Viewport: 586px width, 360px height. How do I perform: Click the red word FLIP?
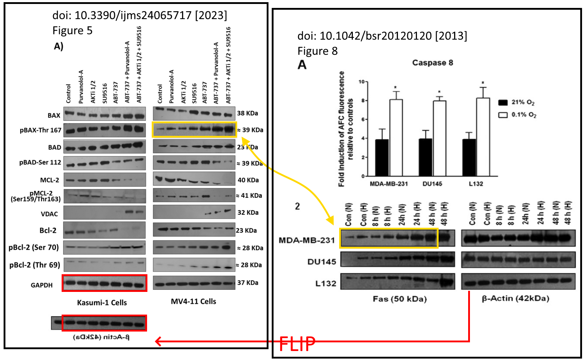point(297,344)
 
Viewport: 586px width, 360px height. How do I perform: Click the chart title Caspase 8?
point(432,63)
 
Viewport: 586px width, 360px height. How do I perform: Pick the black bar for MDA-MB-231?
point(382,157)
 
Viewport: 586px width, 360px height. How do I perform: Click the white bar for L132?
point(483,137)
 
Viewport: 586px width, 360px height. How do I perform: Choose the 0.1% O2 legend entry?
point(518,115)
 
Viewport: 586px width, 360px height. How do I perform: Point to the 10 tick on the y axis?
point(361,82)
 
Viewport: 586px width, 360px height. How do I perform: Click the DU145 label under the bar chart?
point(432,184)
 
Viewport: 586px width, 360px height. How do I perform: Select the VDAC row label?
point(49,214)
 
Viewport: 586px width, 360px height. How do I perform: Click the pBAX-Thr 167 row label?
point(40,130)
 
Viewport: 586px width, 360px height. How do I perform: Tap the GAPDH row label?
point(41,285)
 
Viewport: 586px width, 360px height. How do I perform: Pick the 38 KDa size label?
point(247,113)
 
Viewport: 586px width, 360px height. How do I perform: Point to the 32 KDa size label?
point(248,213)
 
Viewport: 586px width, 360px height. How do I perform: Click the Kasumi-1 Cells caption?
point(102,303)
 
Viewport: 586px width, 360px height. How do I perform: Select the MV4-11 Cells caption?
point(194,302)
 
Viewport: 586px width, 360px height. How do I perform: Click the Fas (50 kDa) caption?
point(400,299)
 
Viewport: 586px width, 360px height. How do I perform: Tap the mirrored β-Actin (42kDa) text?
point(101,337)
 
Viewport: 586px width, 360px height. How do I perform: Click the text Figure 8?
point(318,51)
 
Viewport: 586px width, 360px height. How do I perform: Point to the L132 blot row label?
point(325,284)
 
